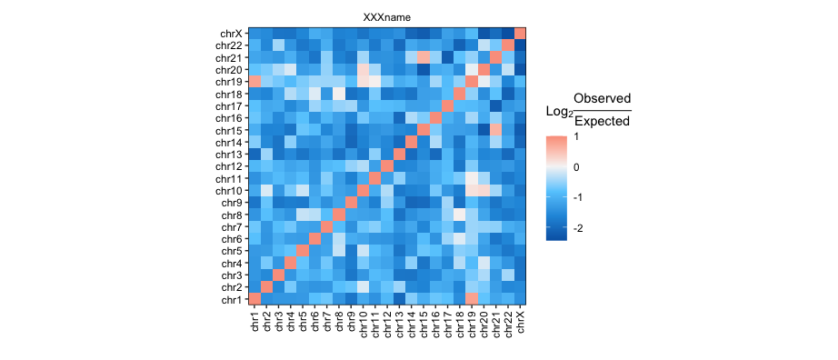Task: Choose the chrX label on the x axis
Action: coord(520,320)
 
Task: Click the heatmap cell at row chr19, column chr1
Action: coord(254,82)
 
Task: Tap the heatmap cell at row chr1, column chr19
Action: coord(472,298)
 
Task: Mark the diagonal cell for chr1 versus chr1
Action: coord(254,298)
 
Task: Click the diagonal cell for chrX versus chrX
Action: coord(520,34)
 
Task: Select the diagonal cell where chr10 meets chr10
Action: coord(363,190)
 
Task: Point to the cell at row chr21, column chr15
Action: coord(424,57)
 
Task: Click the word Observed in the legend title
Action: coord(603,98)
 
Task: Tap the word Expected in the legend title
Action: coord(603,122)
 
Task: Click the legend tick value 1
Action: coord(578,137)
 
